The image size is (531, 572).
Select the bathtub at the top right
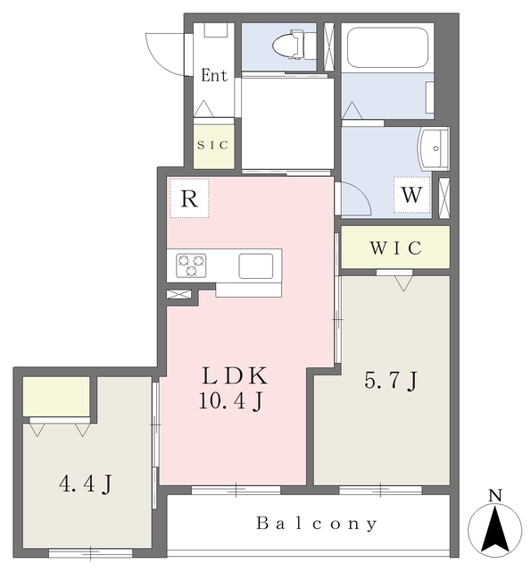coord(387,47)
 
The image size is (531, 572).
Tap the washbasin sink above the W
coord(434,148)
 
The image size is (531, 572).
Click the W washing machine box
coord(411,195)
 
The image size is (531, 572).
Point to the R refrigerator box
coord(189,198)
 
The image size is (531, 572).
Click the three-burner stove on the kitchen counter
coord(191,265)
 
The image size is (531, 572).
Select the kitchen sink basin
coord(255,266)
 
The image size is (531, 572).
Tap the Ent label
coord(214,75)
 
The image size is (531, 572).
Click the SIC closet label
coord(212,145)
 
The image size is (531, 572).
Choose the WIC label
coord(396,248)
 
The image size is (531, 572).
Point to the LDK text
coord(235,375)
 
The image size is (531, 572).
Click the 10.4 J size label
coord(231,401)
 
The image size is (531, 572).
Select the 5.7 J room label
coord(391,381)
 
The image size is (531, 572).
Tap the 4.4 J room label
coord(86,484)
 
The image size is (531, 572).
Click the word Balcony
coord(317,524)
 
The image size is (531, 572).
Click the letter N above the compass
coord(495,495)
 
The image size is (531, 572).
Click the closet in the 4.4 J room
coord(56,397)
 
